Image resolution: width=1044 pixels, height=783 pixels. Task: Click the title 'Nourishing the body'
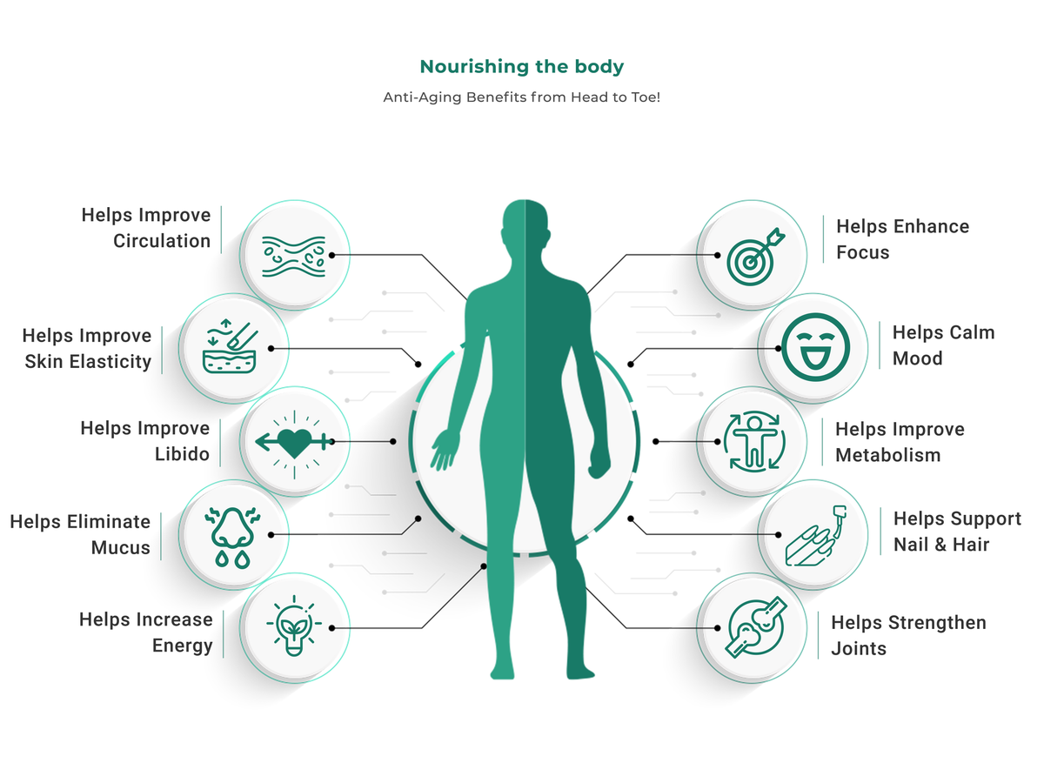click(522, 67)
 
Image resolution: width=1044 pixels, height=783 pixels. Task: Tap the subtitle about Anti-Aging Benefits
click(522, 97)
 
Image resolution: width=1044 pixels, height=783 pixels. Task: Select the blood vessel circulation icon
click(294, 257)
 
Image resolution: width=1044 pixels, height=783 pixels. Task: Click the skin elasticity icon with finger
click(231, 346)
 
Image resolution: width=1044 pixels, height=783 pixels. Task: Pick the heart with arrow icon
click(294, 442)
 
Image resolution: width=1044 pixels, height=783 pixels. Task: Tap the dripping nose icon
click(232, 537)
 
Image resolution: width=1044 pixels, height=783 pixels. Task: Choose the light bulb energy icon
click(294, 626)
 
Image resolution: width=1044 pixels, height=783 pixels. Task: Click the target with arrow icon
click(755, 257)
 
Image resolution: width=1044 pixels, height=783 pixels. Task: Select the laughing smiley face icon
click(815, 347)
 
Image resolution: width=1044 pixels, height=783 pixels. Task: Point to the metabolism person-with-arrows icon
click(754, 441)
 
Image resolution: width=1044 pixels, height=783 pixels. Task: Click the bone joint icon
click(756, 627)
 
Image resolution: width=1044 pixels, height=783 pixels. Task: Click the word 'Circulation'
click(162, 241)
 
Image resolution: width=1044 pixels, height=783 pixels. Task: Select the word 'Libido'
click(182, 454)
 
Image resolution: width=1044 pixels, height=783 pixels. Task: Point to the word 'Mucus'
click(121, 548)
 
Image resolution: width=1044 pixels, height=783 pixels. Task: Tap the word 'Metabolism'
click(888, 455)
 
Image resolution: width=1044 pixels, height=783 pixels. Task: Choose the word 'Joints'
click(859, 649)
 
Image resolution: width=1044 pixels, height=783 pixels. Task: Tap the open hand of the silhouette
click(445, 450)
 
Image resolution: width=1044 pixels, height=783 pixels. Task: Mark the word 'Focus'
click(863, 252)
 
